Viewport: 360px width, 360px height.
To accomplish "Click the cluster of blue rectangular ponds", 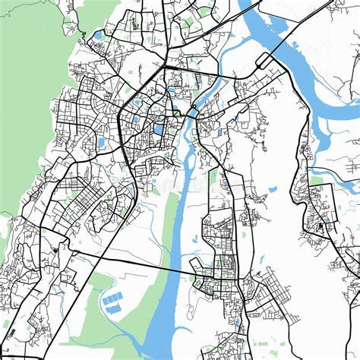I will (114, 302).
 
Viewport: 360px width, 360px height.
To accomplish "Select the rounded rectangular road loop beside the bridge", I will (267, 60).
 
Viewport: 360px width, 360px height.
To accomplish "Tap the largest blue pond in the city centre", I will (159, 129).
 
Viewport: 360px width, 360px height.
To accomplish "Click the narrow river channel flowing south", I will (177, 228).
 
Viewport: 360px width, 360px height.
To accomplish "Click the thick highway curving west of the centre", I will (122, 144).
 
